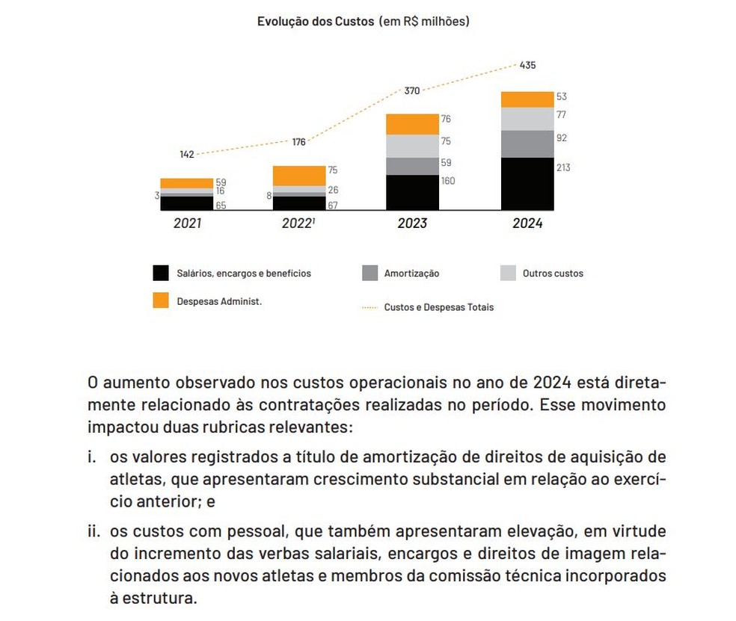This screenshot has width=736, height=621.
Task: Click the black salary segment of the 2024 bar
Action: coord(527,184)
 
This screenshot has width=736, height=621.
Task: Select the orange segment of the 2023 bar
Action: coord(412,124)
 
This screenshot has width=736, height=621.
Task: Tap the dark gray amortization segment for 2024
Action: coord(527,144)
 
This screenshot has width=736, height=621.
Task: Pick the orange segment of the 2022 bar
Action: coord(298,176)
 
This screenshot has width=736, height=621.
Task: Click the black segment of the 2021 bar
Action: coord(186,203)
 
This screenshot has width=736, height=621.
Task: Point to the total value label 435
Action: coord(527,65)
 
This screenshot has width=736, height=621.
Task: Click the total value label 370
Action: coord(412,90)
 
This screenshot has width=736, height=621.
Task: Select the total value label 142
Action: coord(186,154)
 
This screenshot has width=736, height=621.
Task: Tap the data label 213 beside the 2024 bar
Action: coord(563,167)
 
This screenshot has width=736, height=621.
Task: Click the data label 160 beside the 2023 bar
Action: coord(448,181)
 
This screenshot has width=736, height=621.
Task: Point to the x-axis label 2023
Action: coord(412,223)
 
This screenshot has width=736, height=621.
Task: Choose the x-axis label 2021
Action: coord(187,223)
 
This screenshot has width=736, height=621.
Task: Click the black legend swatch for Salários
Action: coord(161,274)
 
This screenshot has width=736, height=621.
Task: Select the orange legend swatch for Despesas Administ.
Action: coord(161,300)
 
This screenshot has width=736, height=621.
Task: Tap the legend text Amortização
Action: coord(411,274)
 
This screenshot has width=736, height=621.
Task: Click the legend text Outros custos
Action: coord(553,274)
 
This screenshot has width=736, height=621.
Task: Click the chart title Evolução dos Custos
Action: coord(315,22)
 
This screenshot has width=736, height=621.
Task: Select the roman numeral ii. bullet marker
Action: coord(96,532)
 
